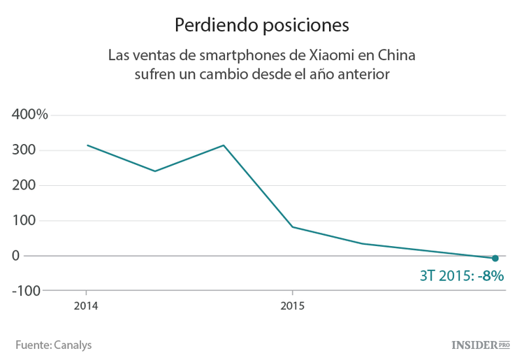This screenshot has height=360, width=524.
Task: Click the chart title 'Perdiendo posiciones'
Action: (261, 25)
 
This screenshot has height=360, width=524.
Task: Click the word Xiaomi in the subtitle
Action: (335, 55)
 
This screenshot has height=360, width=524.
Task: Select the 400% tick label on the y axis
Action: (30, 115)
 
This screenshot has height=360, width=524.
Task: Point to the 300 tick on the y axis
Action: (24, 150)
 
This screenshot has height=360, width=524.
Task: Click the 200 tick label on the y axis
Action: (24, 185)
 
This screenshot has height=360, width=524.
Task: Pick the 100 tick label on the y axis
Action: (24, 220)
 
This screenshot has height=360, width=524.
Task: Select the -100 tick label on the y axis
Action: (26, 290)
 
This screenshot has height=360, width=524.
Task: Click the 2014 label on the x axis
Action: (86, 305)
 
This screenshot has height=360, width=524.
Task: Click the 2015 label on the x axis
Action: (292, 305)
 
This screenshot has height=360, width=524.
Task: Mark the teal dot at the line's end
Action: (495, 258)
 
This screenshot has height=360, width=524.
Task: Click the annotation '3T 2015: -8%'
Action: (461, 275)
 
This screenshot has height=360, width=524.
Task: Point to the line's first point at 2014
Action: (87, 145)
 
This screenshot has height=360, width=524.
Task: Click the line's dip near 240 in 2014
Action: (154, 171)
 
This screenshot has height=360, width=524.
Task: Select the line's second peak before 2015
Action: (223, 145)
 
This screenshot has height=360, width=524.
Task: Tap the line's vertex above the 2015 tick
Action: (292, 227)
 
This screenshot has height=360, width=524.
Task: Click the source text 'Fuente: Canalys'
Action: (54, 345)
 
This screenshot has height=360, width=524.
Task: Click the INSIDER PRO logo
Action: (481, 345)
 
